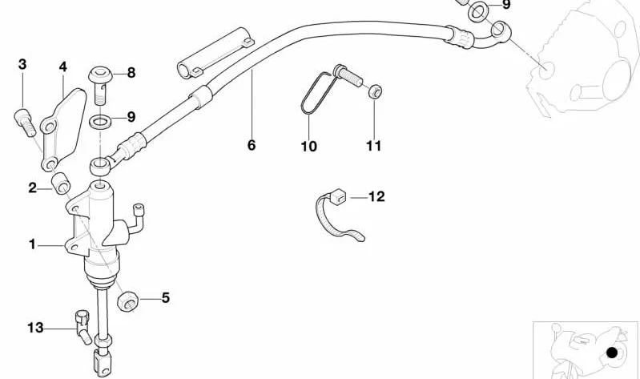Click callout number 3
(22, 65)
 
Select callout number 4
(62, 67)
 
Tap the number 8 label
(131, 73)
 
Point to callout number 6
(252, 145)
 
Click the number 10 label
(308, 146)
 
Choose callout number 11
(373, 146)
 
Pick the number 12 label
(376, 197)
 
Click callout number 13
(35, 328)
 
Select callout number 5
(165, 298)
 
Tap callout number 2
(32, 187)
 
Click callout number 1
(32, 244)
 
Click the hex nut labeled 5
(127, 301)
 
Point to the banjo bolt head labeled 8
(100, 75)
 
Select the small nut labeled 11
(375, 91)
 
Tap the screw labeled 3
(25, 122)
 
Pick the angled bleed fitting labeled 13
(83, 327)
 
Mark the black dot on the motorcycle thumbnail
(612, 353)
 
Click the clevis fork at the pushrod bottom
(102, 362)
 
